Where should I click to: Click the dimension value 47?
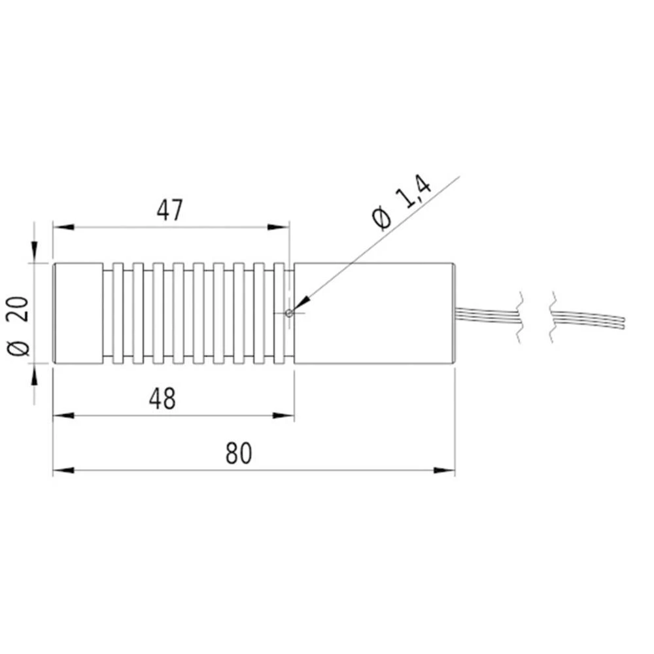(x=169, y=211)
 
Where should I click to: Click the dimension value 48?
(x=163, y=398)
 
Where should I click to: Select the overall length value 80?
(x=239, y=453)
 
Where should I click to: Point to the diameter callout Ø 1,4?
(x=400, y=203)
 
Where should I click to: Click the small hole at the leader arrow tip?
(x=289, y=313)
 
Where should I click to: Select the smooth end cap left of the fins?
(x=77, y=313)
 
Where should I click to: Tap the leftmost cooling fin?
(x=118, y=313)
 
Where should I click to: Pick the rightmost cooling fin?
(x=279, y=313)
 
